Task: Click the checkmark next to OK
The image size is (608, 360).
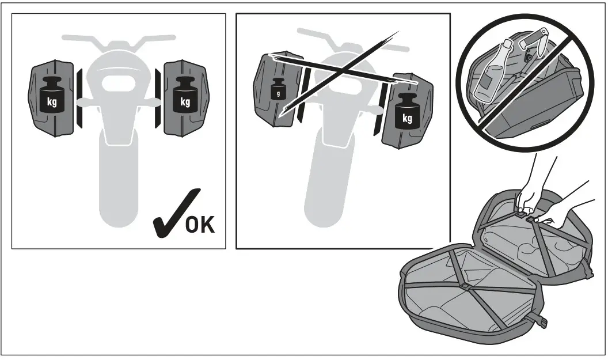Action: tap(173, 213)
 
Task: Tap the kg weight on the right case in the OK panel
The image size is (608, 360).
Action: tap(185, 97)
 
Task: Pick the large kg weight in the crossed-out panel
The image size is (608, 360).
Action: tap(407, 113)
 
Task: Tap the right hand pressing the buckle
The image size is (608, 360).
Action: tap(556, 210)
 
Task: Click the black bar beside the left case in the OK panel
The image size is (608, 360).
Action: tap(79, 98)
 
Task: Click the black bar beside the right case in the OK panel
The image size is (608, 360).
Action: tap(157, 98)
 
